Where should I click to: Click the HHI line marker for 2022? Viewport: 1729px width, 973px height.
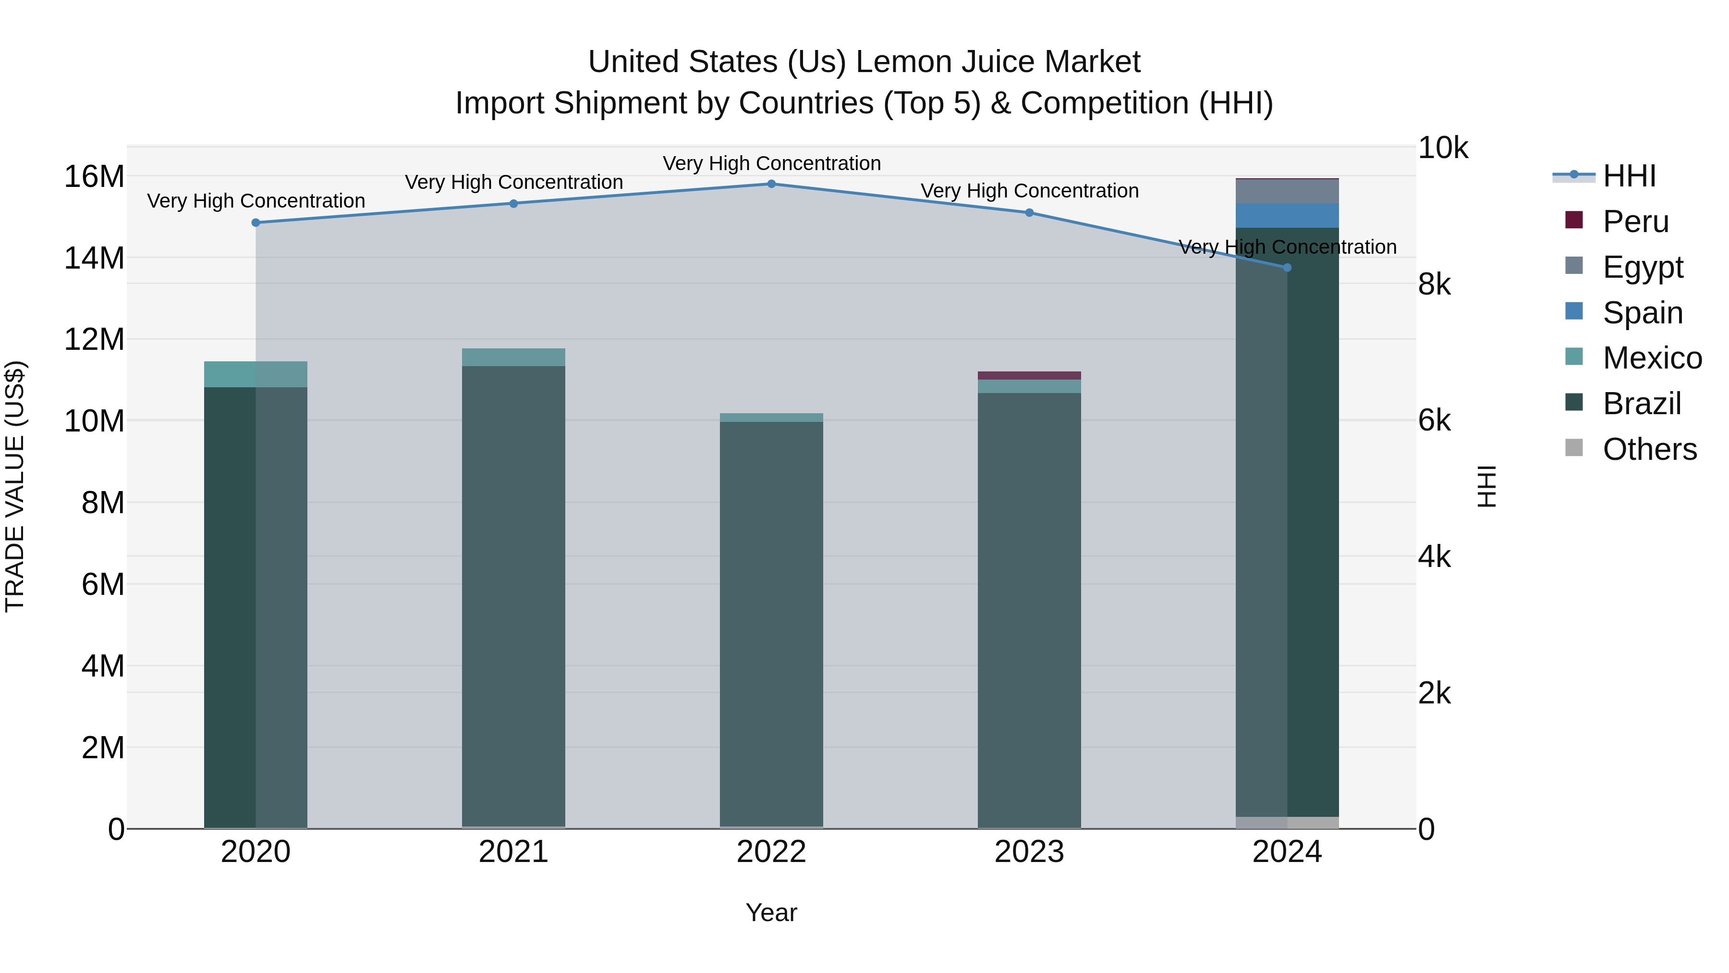[771, 184]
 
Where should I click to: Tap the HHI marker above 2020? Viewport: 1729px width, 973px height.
[256, 223]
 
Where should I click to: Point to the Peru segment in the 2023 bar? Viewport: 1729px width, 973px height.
[1029, 375]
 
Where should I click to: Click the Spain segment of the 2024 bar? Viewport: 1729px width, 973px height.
[1287, 216]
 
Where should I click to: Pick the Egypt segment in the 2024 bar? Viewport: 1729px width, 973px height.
[1287, 191]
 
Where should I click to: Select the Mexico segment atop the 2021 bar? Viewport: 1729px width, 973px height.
[513, 357]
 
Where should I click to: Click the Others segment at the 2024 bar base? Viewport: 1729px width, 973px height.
[1287, 823]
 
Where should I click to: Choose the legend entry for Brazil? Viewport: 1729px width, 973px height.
[1641, 404]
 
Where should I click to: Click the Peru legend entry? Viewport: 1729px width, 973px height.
[1635, 222]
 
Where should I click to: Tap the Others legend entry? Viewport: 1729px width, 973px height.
[1649, 449]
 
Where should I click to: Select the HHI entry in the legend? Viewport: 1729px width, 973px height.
[1629, 176]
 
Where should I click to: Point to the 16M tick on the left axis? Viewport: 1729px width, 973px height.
[94, 177]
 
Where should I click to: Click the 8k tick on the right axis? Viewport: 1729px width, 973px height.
[1434, 285]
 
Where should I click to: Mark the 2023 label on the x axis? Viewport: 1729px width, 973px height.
[1029, 852]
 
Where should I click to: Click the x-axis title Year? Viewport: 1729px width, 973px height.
[771, 912]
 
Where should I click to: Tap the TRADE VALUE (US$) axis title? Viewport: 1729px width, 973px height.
[15, 486]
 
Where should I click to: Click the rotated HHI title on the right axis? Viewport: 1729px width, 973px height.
[1487, 486]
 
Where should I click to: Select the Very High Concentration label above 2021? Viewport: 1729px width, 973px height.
[513, 183]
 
